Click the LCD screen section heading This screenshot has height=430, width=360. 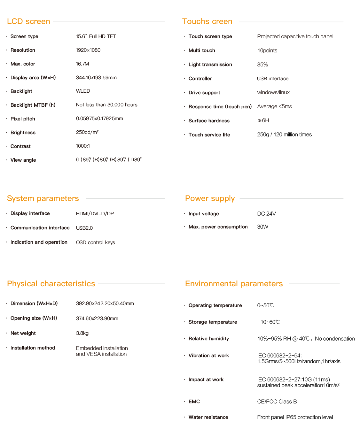[x=28, y=21]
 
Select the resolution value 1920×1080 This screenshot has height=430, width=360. [x=88, y=50]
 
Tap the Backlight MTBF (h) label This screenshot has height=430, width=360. [x=33, y=105]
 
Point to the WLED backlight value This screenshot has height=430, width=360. [x=83, y=91]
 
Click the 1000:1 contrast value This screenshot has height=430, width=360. [x=83, y=146]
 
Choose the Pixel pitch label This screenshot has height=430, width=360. [x=23, y=119]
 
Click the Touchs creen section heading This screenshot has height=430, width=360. [x=207, y=21]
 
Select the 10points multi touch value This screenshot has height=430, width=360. [x=267, y=50]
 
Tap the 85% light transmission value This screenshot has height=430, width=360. [x=262, y=65]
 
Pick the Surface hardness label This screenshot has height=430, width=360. [x=209, y=121]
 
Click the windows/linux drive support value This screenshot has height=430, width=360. [x=273, y=92]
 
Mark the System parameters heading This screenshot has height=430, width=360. [x=43, y=198]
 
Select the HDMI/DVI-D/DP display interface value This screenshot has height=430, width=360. [x=95, y=214]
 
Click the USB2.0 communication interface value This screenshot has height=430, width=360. [x=84, y=228]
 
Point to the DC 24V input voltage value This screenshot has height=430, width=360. [x=266, y=214]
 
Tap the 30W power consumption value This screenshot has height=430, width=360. [x=263, y=227]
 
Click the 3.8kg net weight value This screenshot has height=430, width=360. [x=82, y=333]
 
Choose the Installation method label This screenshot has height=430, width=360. [x=33, y=348]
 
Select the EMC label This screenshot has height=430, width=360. [x=194, y=402]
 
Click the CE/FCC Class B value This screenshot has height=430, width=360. [x=277, y=402]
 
